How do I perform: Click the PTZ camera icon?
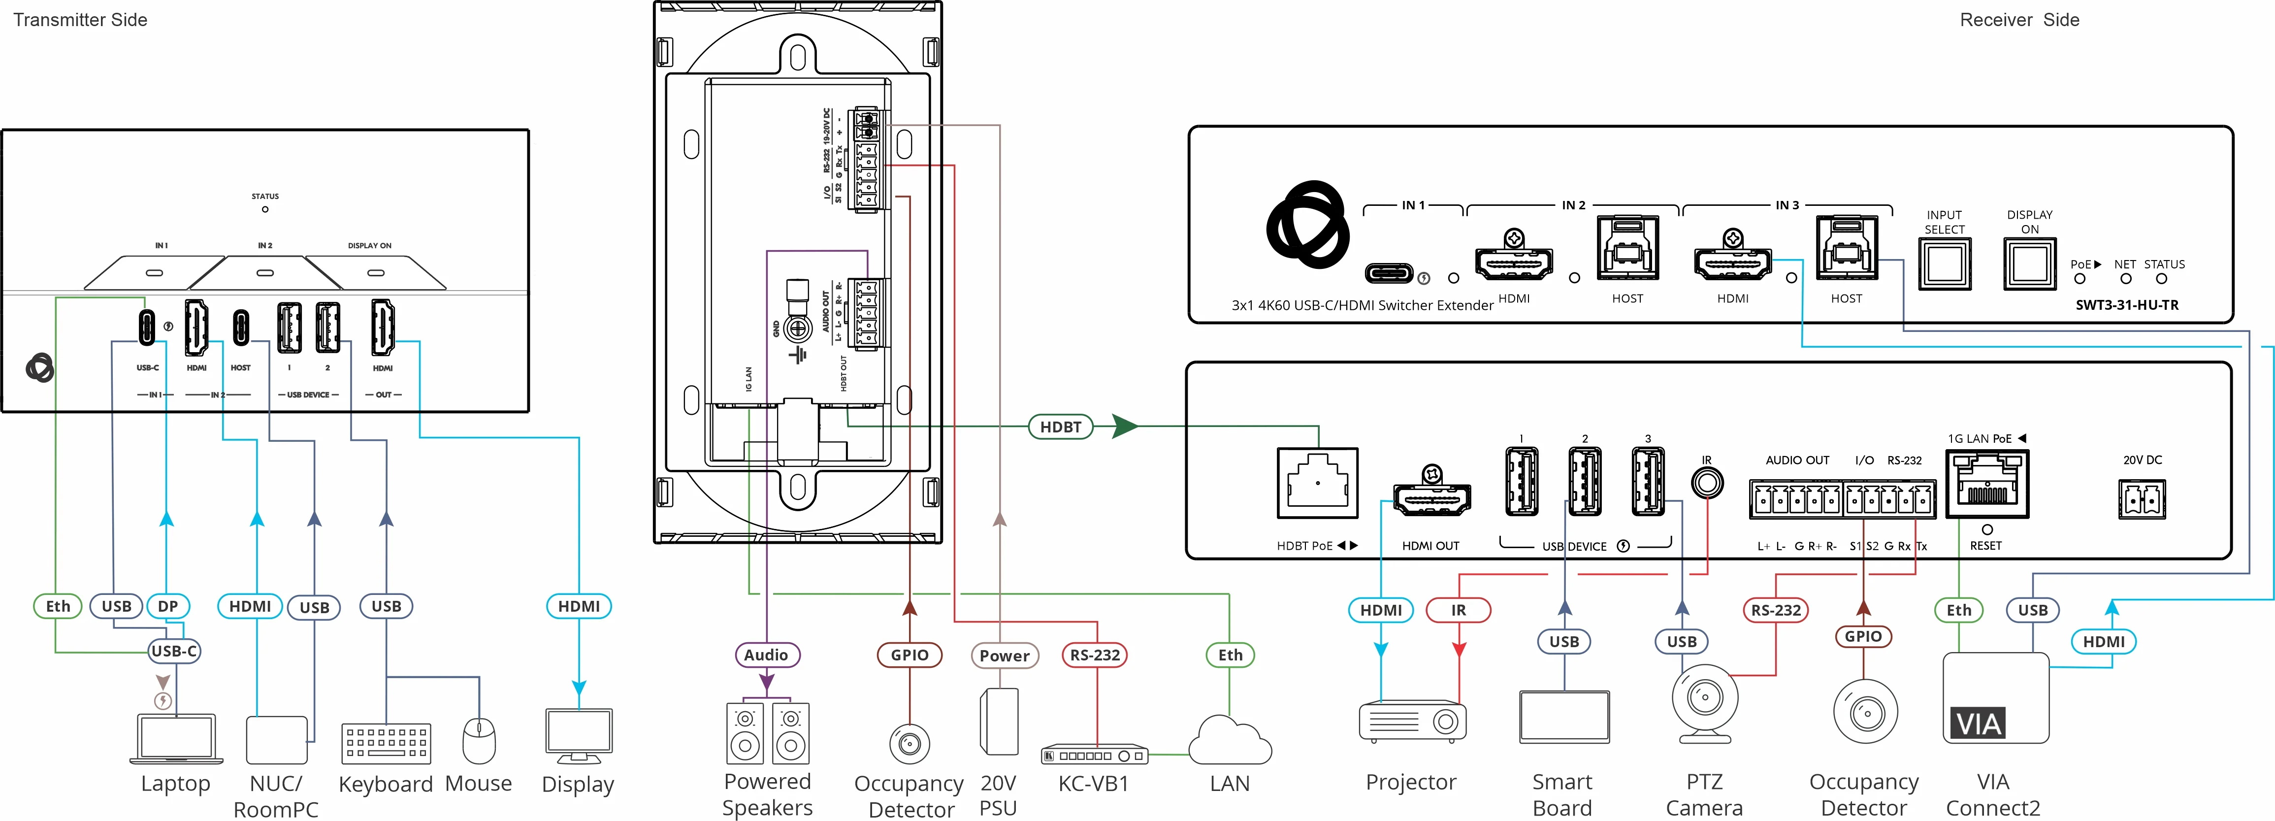(1704, 703)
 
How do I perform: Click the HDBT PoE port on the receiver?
(1318, 483)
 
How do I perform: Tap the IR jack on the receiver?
(1706, 483)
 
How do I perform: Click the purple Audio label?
(766, 655)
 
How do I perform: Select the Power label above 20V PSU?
(1004, 656)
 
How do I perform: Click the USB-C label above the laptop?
(174, 651)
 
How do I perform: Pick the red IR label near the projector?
(1458, 610)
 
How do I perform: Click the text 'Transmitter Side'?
(80, 19)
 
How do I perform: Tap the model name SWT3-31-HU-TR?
(2127, 305)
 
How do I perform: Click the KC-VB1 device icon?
(1094, 755)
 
